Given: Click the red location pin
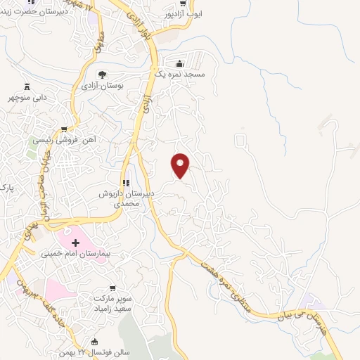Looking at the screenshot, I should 181,165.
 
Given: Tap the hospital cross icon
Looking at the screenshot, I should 75,243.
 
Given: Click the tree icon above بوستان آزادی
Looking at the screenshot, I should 103,75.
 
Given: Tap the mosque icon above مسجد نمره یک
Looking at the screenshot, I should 181,62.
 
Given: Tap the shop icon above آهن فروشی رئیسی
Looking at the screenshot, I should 65,129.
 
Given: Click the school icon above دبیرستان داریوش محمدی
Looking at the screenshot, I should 127,183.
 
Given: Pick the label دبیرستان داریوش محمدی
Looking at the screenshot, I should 126,197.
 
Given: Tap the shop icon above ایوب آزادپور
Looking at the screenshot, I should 182,2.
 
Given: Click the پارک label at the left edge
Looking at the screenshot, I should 6,187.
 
